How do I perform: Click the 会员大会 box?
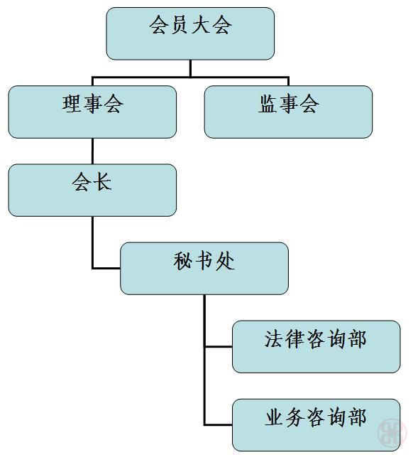[x=190, y=33]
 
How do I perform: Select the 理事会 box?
[x=92, y=112]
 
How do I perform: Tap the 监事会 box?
[x=288, y=112]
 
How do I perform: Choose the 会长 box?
[x=92, y=191]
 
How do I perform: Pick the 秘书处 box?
[x=204, y=269]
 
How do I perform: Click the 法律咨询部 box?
[x=316, y=347]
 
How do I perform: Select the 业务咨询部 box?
[x=316, y=425]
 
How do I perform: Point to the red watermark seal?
[x=392, y=432]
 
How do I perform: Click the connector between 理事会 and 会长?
[x=92, y=151]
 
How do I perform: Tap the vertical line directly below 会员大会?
[x=190, y=68]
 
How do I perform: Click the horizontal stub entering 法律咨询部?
[x=219, y=346]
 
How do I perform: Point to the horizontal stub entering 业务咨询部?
[x=219, y=425]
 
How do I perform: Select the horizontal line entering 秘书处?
[x=106, y=269]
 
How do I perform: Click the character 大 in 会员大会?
[x=201, y=26]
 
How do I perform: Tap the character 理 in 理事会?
[x=72, y=104]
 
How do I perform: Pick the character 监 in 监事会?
[x=268, y=104]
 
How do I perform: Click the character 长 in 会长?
[x=103, y=182]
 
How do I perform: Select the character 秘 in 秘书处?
[x=183, y=260]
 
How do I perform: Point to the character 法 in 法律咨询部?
[x=274, y=338]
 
